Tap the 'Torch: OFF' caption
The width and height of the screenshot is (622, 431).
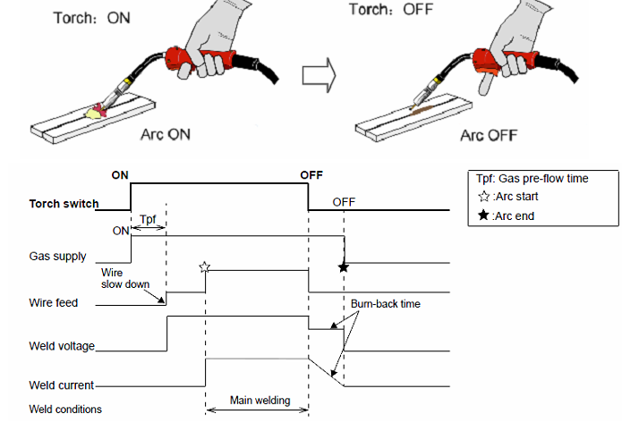387,11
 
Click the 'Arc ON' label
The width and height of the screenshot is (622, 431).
166,135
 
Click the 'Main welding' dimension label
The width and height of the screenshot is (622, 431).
260,401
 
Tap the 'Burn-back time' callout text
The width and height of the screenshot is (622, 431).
385,304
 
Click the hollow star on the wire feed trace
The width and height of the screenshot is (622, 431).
205,266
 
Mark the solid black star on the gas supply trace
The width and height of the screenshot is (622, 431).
342,266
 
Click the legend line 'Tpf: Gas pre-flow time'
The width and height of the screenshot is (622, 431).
534,178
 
